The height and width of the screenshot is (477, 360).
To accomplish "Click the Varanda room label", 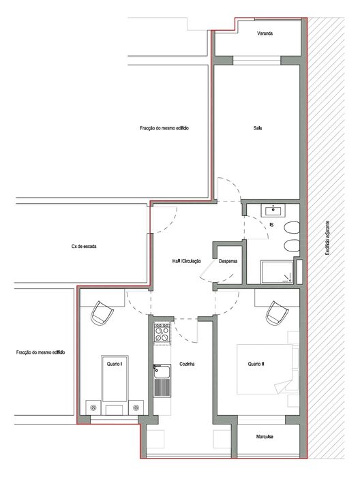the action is tap(265, 33).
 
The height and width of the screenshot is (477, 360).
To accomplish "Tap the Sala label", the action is tap(258, 128).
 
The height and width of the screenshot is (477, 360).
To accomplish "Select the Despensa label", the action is tap(228, 261).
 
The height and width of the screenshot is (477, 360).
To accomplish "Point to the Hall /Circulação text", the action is tap(186, 261).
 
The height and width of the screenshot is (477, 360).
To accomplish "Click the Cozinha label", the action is tap(187, 364).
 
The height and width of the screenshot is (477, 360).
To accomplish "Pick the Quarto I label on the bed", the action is tap(115, 364).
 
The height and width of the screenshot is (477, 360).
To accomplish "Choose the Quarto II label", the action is tap(256, 364).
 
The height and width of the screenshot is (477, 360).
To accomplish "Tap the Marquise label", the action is tap(265, 437).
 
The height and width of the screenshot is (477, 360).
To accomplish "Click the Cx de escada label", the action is tap(84, 247).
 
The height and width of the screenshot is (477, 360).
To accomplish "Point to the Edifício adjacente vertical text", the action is tap(327, 238).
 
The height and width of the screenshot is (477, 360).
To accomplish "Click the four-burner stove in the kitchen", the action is tap(162, 333).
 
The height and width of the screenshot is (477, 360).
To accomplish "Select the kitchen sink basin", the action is tap(162, 371).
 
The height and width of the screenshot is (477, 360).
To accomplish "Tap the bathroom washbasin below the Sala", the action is tap(273, 211).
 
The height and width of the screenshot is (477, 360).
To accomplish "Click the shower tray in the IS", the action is tap(277, 273).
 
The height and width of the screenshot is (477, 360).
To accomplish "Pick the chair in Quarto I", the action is tap(102, 313).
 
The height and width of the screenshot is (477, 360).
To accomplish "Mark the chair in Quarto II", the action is tap(277, 313).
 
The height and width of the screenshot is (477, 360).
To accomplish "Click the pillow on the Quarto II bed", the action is tap(295, 378).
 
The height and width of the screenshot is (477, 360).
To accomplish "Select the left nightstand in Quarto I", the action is tap(93, 407).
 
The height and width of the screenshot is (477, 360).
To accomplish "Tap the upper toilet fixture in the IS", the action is tap(292, 228).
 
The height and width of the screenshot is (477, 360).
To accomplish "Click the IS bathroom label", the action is tap(271, 225).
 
